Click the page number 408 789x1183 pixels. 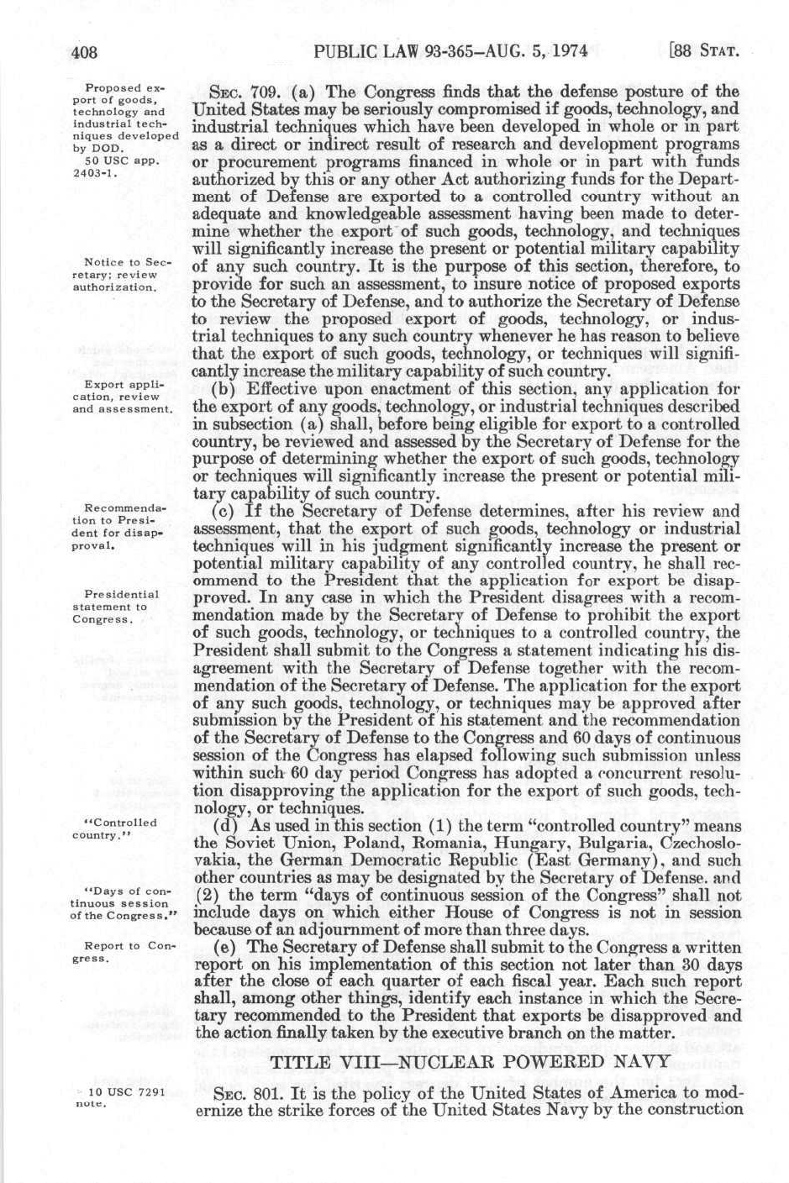coord(85,53)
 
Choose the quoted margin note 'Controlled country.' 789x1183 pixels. coord(118,828)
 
